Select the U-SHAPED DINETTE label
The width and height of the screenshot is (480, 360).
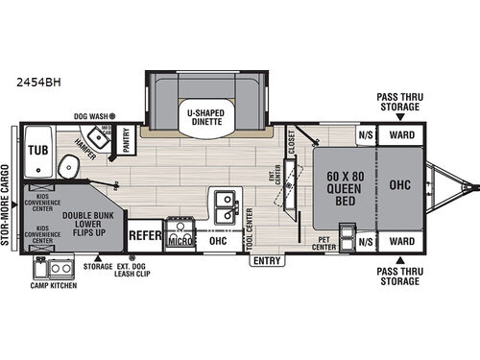pos(204,117)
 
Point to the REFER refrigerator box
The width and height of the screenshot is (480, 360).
pos(144,233)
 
